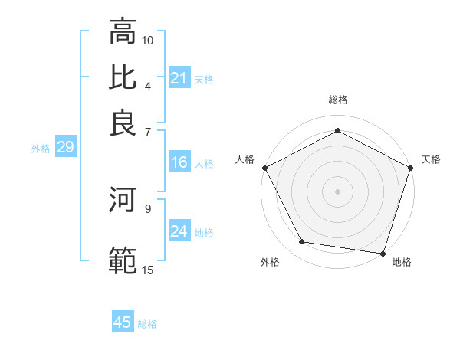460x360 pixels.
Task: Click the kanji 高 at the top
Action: tap(123, 32)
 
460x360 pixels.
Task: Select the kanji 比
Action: tap(123, 77)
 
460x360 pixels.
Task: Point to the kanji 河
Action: tap(123, 201)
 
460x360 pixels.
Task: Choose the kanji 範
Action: tap(123, 259)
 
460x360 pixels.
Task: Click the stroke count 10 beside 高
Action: tap(148, 40)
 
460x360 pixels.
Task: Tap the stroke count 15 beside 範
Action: tap(148, 269)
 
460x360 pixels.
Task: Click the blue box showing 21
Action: tap(179, 78)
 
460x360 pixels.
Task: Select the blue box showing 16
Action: tap(179, 162)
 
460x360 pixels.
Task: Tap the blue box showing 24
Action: tap(179, 231)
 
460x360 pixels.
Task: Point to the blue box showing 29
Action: tap(65, 148)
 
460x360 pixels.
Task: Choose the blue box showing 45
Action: tap(123, 322)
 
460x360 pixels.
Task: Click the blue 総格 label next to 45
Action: tap(147, 324)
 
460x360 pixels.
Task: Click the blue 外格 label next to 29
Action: tap(41, 149)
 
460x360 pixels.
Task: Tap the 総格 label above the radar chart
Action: tap(338, 100)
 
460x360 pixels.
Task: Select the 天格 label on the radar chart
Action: tap(431, 159)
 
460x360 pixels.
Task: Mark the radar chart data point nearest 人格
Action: tap(265, 168)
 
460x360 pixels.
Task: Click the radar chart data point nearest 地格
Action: tap(383, 253)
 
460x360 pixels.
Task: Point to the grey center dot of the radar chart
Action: tap(338, 191)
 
